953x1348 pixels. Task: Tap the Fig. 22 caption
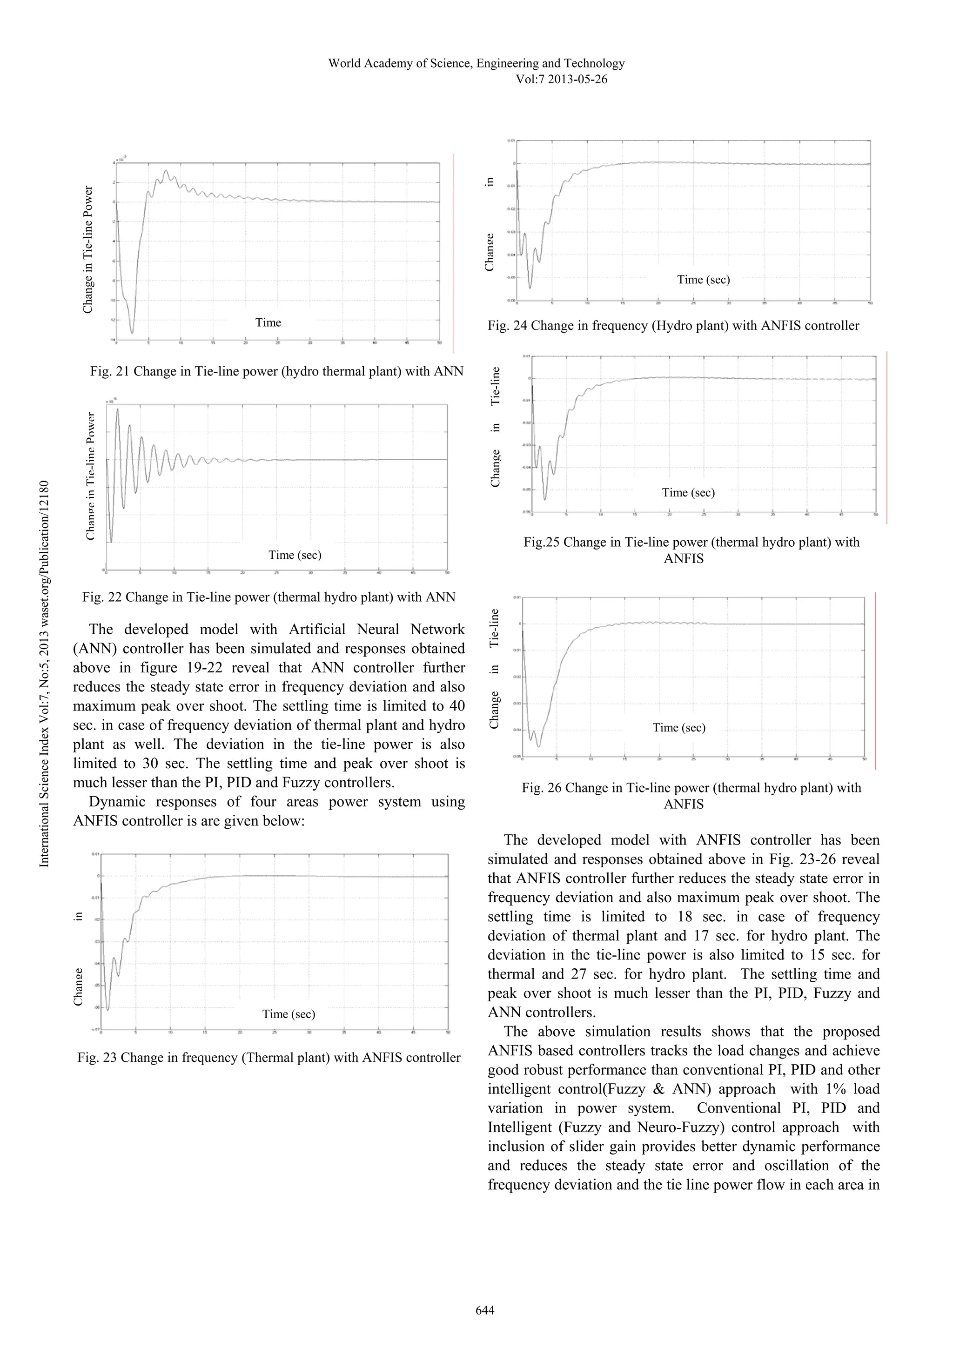point(269,597)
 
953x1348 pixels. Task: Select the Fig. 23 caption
point(269,1057)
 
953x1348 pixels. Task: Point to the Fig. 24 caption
point(673,326)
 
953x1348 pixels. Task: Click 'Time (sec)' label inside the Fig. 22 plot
point(295,555)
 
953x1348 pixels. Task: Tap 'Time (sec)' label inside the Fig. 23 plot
point(289,1014)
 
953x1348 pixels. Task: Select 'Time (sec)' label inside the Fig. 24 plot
point(703,280)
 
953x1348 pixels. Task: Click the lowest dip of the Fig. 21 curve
point(132,332)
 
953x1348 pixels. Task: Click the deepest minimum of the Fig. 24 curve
point(530,288)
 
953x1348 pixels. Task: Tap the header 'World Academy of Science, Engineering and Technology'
point(476,63)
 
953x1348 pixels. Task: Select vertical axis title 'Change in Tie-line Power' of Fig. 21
point(88,249)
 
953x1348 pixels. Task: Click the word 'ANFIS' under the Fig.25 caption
point(683,558)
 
